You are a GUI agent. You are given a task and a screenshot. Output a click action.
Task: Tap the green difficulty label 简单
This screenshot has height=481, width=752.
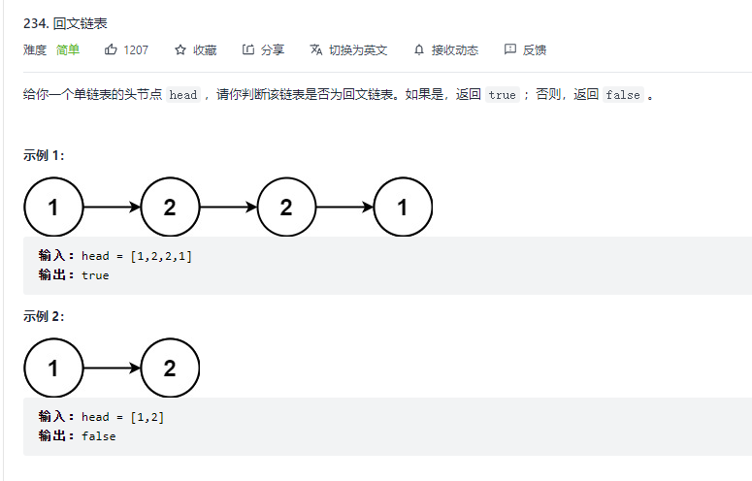click(68, 49)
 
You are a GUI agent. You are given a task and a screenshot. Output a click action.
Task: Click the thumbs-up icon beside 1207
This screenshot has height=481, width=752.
click(111, 49)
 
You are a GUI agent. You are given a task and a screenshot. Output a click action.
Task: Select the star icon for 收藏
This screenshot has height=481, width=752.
click(180, 49)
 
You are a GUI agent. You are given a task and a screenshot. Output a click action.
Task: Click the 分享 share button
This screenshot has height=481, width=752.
click(264, 49)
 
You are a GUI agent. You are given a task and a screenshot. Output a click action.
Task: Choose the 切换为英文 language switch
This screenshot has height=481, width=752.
click(349, 49)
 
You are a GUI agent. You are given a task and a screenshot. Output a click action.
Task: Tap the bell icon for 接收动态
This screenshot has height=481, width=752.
click(419, 49)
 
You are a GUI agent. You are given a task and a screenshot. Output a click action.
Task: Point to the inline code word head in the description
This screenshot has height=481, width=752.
click(182, 95)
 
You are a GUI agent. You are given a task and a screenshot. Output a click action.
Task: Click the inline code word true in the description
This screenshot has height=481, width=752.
click(502, 95)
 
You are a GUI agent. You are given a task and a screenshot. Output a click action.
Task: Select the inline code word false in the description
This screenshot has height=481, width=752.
click(622, 95)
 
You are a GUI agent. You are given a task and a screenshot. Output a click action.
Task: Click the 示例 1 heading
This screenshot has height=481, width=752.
click(45, 155)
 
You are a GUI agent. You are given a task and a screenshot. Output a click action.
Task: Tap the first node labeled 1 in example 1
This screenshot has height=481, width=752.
click(53, 207)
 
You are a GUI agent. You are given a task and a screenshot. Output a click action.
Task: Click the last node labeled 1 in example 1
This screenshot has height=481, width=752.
click(403, 207)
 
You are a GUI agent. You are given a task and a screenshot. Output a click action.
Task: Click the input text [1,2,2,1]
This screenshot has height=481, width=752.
click(161, 256)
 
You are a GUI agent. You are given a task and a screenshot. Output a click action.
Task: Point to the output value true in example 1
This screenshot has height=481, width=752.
click(95, 275)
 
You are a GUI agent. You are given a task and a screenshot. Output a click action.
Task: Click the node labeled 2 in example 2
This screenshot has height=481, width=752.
click(170, 369)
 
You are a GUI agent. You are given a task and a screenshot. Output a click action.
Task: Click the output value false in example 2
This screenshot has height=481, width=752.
click(98, 436)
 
